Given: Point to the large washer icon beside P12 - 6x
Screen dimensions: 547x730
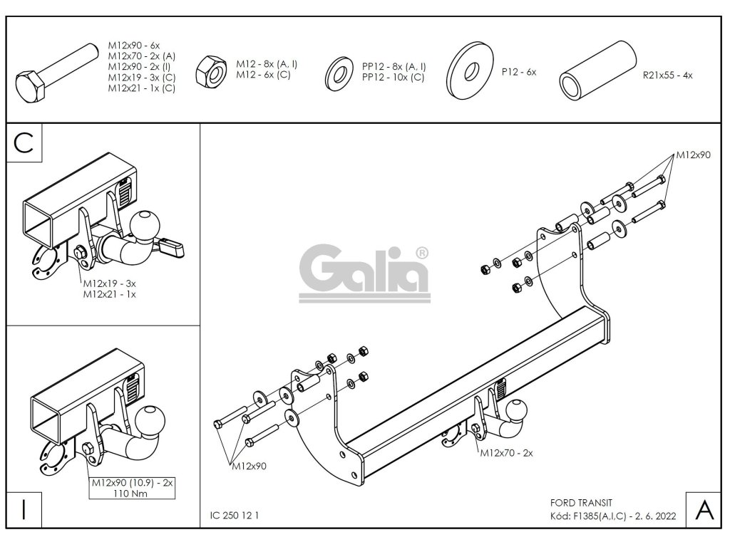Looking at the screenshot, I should (471, 72).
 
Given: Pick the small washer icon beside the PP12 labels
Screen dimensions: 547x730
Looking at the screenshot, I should (338, 71).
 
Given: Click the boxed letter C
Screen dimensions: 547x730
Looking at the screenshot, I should (24, 142).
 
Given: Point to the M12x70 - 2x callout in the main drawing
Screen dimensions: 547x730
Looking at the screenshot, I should (507, 452).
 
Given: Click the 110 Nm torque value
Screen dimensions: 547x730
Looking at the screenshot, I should (131, 494).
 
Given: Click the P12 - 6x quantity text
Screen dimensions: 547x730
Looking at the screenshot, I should (518, 72).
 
